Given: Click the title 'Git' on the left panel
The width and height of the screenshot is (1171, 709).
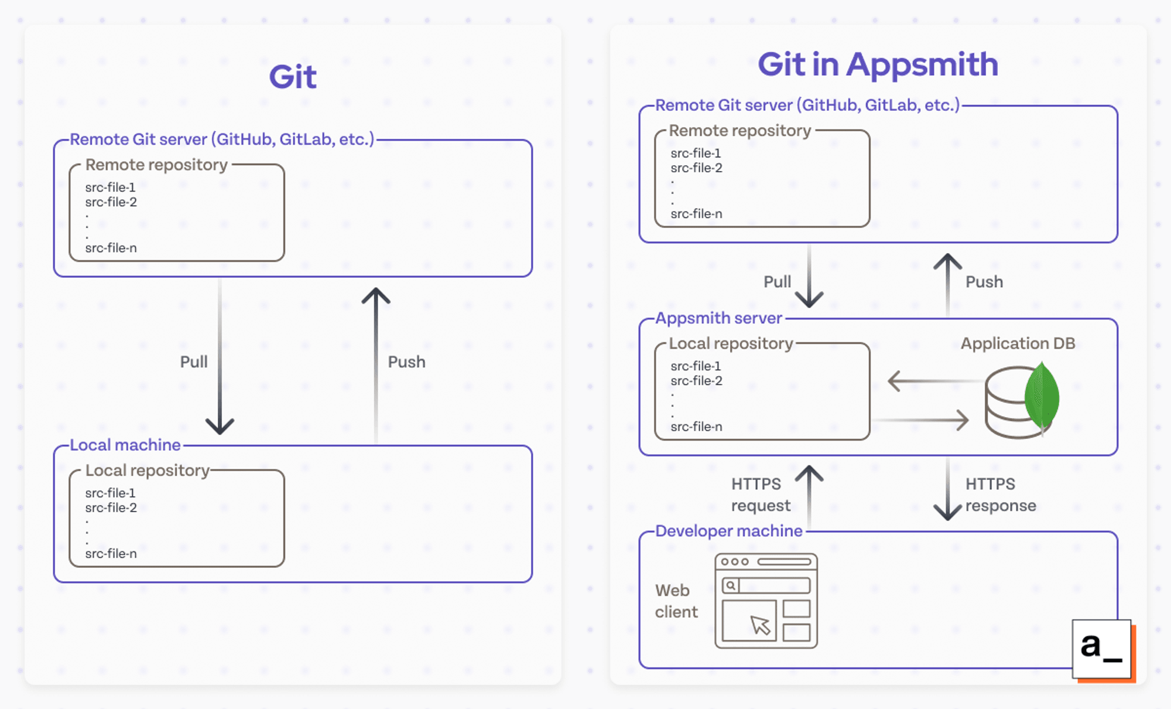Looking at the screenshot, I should pos(293,77).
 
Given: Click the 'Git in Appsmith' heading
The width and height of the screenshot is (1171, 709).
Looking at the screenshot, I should pos(878,64).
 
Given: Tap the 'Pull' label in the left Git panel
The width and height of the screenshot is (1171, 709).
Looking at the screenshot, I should pos(194,362).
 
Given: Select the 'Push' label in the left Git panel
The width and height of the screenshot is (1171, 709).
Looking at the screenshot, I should pos(406,362).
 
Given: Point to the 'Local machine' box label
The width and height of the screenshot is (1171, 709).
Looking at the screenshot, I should pos(125,445).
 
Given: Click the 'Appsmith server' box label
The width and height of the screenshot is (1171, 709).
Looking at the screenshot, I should pos(718,318).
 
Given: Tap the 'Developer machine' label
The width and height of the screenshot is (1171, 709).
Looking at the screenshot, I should pos(728,531).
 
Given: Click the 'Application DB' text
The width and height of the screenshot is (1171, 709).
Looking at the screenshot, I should pos(1018,343).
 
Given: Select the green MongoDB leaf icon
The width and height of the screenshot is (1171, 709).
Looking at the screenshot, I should pos(1042,397).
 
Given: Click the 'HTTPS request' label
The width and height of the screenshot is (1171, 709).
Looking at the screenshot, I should pos(760,495).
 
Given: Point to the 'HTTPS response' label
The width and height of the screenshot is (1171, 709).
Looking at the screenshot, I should pos(1000,495).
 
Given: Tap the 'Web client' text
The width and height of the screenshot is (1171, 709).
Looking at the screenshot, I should pos(676,601).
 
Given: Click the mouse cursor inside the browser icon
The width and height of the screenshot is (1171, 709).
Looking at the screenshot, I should pos(761,625).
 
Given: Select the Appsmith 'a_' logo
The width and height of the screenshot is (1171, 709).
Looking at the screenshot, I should pos(1101,649).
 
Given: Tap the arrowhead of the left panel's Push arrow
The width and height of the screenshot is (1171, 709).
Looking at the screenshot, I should pos(376,295).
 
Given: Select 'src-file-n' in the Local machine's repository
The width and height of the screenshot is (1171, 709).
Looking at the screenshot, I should pos(111,554).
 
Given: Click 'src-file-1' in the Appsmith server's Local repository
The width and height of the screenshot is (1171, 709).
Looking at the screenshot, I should pos(696,366).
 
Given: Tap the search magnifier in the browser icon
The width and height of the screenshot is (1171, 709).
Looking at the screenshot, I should pos(731,585).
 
